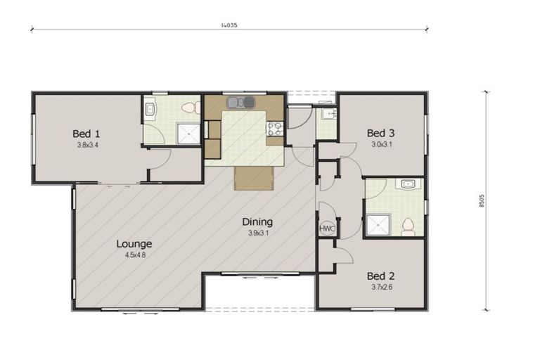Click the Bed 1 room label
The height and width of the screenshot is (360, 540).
(86, 133)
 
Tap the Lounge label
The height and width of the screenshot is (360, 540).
(134, 244)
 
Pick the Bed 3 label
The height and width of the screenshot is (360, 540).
(380, 133)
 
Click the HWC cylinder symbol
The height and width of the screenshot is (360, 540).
(327, 229)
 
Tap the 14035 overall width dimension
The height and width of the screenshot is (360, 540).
(229, 25)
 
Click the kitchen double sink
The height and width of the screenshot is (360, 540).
(240, 103)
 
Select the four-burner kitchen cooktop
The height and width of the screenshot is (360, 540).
(274, 129)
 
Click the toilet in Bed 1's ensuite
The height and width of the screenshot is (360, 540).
(187, 108)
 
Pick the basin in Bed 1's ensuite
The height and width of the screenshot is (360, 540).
(150, 109)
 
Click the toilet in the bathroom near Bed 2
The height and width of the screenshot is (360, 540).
(407, 226)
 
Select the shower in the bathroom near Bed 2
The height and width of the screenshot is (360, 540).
(375, 224)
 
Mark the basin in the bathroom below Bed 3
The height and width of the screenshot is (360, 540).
(409, 184)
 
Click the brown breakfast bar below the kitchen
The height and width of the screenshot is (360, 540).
(253, 178)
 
